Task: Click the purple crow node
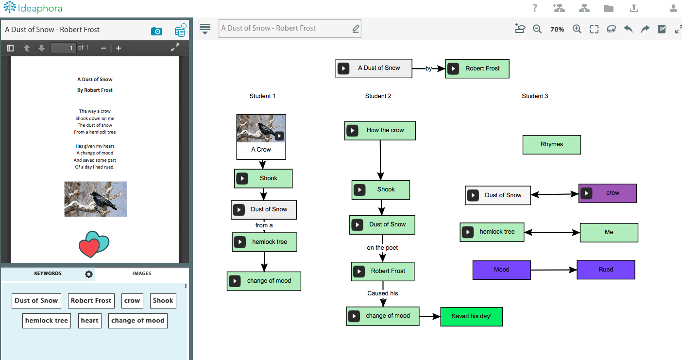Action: click(x=607, y=193)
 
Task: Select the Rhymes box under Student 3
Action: click(x=552, y=145)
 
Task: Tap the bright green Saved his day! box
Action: click(x=472, y=316)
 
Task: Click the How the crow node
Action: click(x=380, y=131)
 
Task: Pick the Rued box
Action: click(x=606, y=270)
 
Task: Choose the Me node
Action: click(x=609, y=232)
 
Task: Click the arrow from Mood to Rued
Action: click(x=554, y=270)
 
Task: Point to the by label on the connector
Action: click(x=428, y=69)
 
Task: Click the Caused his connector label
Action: click(x=382, y=293)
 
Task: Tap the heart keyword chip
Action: click(x=89, y=321)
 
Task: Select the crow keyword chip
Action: click(x=132, y=301)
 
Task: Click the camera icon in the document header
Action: click(x=156, y=31)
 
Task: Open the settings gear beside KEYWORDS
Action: click(x=88, y=274)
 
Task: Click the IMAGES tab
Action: click(x=141, y=273)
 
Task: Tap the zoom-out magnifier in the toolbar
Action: click(x=537, y=29)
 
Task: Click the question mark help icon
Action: click(x=535, y=8)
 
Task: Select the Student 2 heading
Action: click(x=378, y=96)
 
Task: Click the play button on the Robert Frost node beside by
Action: click(x=453, y=69)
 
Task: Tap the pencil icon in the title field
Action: click(x=356, y=29)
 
